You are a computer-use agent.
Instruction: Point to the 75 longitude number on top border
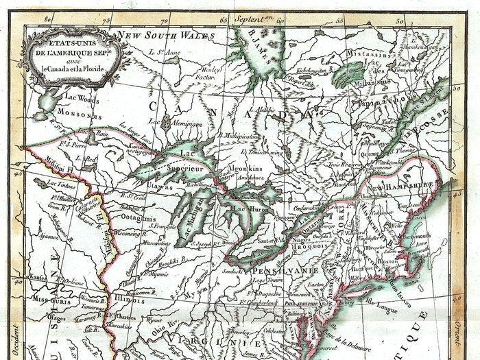(x=105, y=20)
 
